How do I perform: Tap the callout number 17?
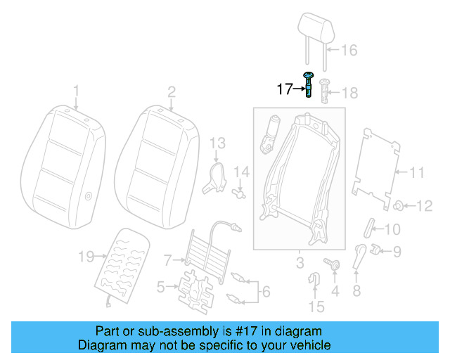coord(284,89)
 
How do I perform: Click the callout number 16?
coord(349,50)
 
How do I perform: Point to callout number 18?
coord(349,92)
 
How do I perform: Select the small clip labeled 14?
coord(240,189)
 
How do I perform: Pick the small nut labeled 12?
coord(398,206)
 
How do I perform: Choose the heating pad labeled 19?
coord(122,264)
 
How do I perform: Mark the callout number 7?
coord(167,260)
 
